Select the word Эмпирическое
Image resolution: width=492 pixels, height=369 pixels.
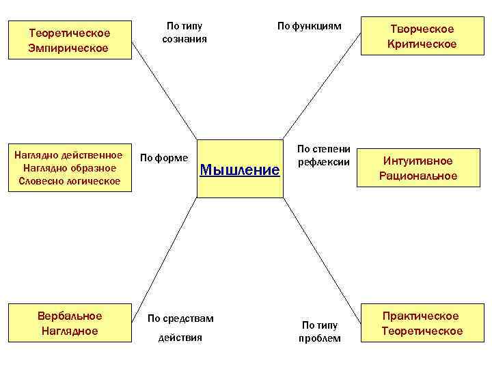pos(68,48)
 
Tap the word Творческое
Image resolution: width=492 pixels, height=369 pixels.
pos(422,29)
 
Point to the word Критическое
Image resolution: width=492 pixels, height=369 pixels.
pos(422,44)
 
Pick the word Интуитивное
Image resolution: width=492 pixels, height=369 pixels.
pos(418,161)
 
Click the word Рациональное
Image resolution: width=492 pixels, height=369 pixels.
pos(418,176)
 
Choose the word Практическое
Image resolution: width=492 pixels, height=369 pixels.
pos(420,316)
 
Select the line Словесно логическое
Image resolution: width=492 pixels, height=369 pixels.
pos(69,181)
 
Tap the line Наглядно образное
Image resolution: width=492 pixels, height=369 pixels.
pos(69,167)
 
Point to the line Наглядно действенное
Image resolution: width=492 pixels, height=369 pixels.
pos(69,154)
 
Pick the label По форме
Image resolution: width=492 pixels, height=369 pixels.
pos(163,158)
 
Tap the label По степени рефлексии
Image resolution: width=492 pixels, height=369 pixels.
pos(324,156)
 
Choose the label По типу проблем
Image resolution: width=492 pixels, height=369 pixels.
pos(320,331)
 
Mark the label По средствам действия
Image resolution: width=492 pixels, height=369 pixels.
pos(180,328)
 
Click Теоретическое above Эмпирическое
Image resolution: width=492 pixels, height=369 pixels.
pos(68,33)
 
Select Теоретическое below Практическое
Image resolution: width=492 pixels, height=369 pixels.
pos(422,331)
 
